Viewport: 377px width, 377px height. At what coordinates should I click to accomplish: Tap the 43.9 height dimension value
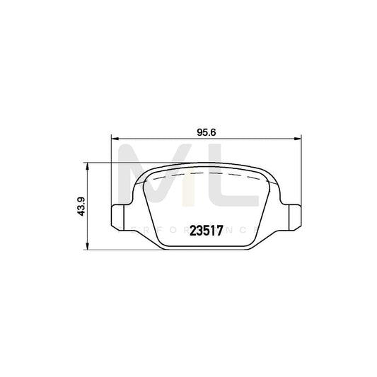point(81,206)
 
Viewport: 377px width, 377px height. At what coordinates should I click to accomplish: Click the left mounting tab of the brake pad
point(120,216)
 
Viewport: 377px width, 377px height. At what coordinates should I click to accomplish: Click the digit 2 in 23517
point(193,230)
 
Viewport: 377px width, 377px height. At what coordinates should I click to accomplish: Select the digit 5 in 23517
point(207,230)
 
